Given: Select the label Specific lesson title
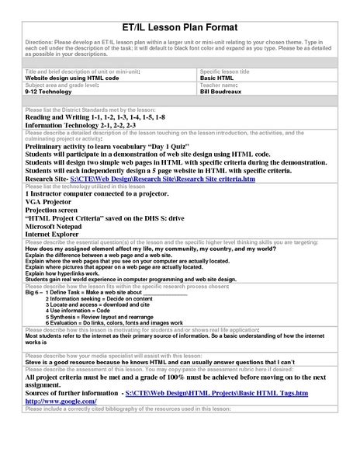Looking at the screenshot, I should click(x=225, y=71).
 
